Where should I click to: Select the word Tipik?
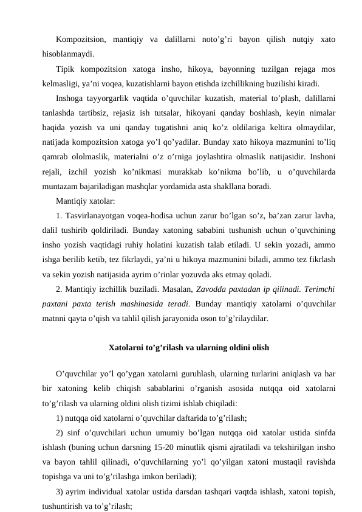tap(66, 68)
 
